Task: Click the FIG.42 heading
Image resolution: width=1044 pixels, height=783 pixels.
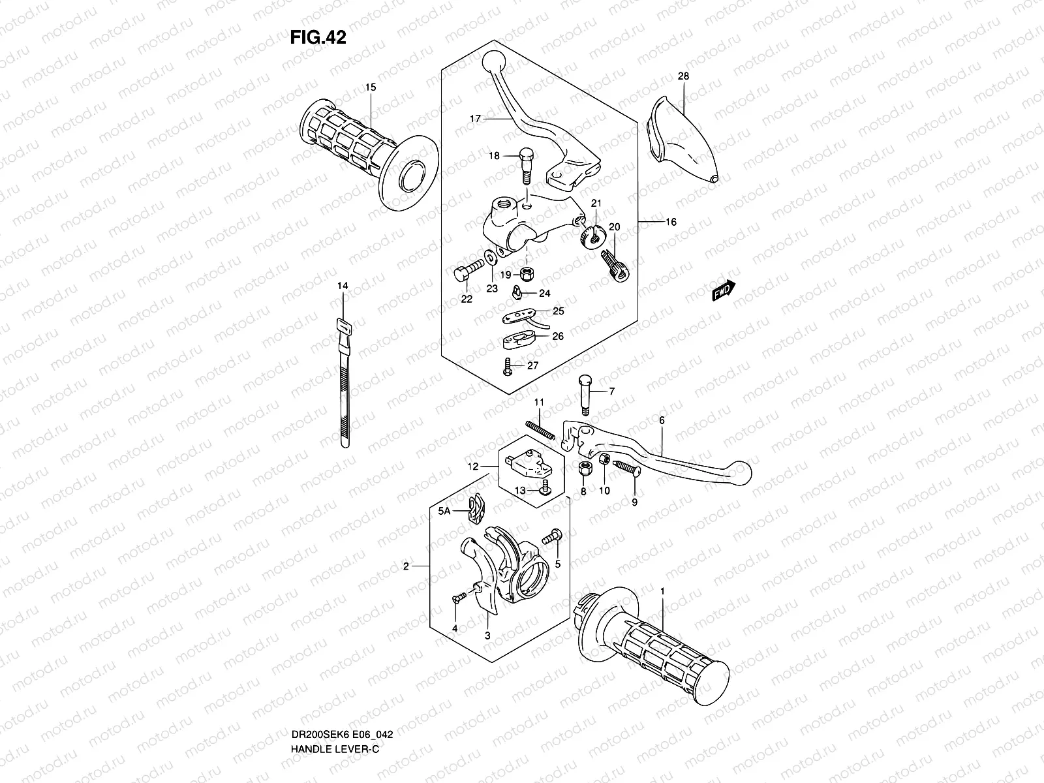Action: pos(318,38)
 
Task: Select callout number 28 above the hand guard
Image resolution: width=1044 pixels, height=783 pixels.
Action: pos(683,76)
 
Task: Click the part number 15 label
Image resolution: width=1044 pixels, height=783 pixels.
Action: pos(371,87)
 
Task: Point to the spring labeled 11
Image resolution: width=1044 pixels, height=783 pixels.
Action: pos(540,431)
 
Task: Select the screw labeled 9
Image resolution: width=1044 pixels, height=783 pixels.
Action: pos(628,468)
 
